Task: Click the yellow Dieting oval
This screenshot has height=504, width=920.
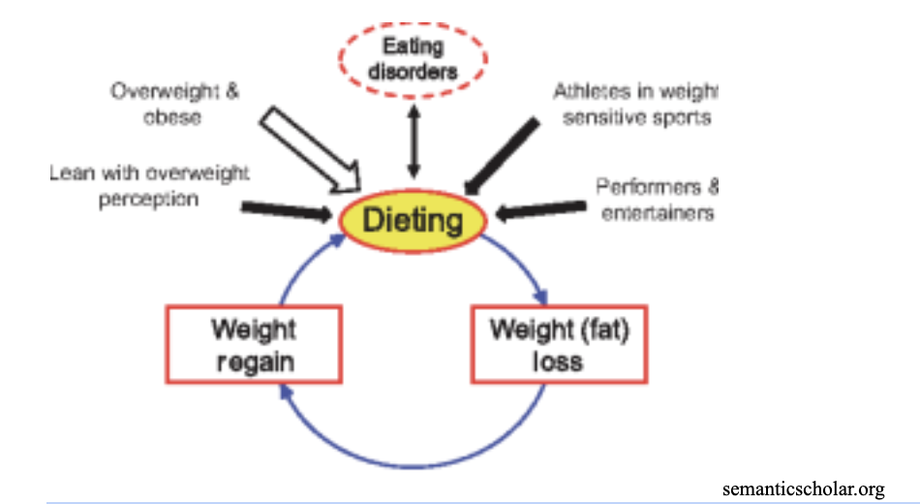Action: pos(414,220)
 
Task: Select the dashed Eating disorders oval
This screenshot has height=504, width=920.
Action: pos(413,58)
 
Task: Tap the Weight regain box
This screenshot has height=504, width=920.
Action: pos(253,344)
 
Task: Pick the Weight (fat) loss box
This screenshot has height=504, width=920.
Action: pos(559,344)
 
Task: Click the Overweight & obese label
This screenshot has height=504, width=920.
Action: pos(175,104)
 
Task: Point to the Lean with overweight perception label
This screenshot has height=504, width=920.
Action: pos(149,185)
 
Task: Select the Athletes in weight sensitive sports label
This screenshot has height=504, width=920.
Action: pos(635,105)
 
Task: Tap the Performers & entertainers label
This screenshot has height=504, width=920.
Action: pos(657,199)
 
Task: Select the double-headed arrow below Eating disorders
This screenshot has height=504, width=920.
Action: pos(414,140)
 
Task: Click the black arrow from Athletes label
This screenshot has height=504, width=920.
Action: pos(501,155)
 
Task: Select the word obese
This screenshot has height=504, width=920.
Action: pos(175,116)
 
